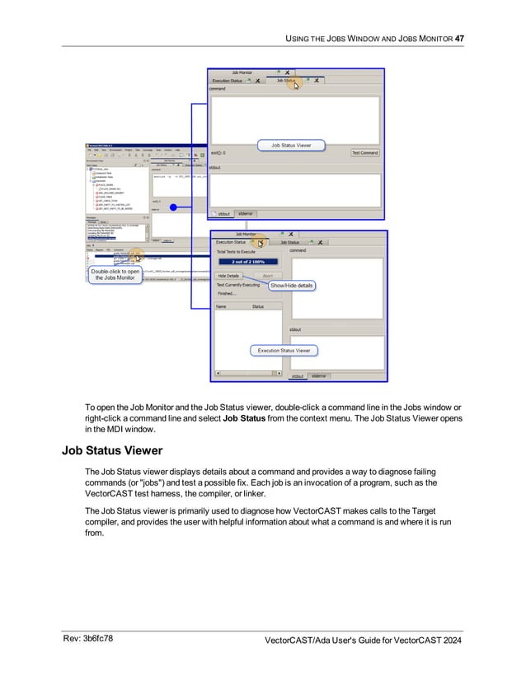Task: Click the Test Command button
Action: (364, 152)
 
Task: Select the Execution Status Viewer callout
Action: (284, 350)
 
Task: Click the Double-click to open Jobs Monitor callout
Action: (115, 274)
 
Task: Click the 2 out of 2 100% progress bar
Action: (247, 263)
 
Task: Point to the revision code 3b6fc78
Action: (96, 638)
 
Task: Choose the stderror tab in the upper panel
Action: (246, 213)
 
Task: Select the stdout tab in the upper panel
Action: (223, 213)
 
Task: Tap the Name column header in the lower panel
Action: (221, 306)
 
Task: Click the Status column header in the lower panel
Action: (257, 306)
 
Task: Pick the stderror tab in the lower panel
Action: (319, 375)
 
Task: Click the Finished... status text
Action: (227, 293)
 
